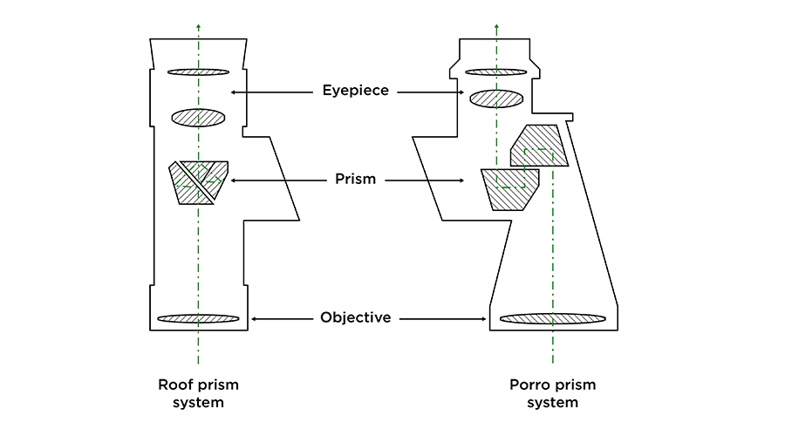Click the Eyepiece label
click(x=355, y=91)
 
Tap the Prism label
click(x=355, y=181)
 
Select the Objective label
click(x=355, y=318)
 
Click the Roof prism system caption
click(x=198, y=393)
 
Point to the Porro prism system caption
click(x=552, y=393)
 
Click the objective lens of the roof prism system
click(x=198, y=318)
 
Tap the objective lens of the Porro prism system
click(x=552, y=318)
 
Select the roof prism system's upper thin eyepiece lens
click(x=198, y=72)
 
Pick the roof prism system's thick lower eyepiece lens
click(x=198, y=117)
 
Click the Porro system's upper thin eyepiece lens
click(x=496, y=72)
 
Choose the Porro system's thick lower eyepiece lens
click(x=496, y=99)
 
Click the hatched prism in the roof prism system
click(x=199, y=181)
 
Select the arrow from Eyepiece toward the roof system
click(x=271, y=91)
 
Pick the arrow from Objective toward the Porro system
click(x=445, y=318)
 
